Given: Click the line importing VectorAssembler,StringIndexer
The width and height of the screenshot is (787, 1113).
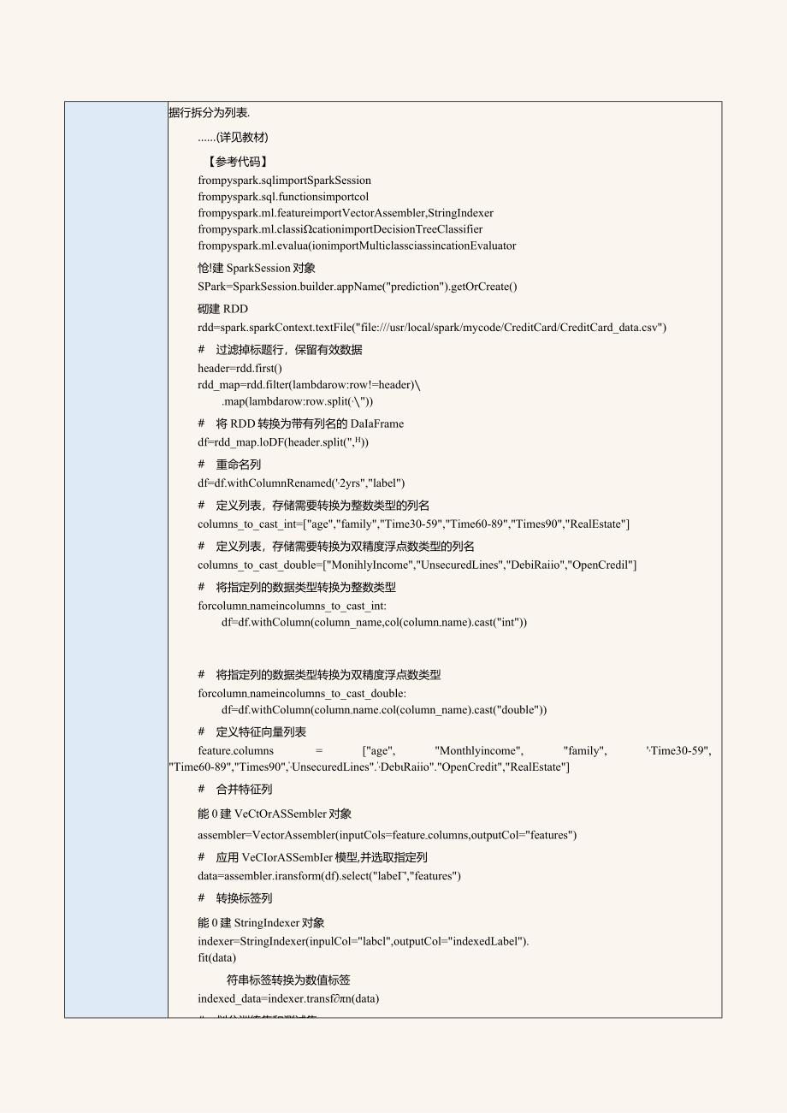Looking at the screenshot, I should [346, 213].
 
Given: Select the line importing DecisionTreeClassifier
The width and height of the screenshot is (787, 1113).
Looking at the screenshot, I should [340, 229].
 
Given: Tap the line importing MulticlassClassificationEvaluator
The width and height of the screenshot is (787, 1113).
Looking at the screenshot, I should [357, 246].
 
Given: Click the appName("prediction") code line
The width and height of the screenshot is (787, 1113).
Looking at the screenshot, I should [357, 287].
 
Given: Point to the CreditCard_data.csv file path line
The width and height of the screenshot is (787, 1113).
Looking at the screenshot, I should [431, 328].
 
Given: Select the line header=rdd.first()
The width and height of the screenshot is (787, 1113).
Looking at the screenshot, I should [240, 368].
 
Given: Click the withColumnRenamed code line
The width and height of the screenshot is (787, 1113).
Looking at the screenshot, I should [301, 482].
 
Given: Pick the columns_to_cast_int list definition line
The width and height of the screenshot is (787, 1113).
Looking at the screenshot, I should [413, 524].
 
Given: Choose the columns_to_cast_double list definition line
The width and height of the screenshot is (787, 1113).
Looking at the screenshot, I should [417, 565].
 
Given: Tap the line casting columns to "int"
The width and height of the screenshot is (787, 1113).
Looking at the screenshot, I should [374, 623].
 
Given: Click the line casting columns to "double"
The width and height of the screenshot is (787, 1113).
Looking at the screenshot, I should [384, 709].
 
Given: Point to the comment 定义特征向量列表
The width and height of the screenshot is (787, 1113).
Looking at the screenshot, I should [261, 731].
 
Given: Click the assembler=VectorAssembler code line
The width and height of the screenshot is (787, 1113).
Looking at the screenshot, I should [387, 835].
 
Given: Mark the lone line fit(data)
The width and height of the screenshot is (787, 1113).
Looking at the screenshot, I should [216, 958].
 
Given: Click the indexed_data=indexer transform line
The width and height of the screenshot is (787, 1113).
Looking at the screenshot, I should [288, 999].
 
